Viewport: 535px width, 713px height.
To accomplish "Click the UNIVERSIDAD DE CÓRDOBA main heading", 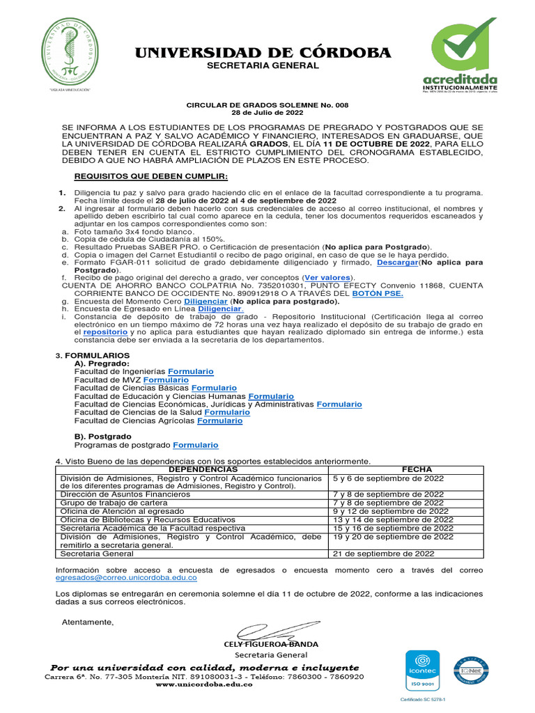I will pos(263,54).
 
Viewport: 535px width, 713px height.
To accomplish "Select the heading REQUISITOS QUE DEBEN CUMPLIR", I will pos(150,176).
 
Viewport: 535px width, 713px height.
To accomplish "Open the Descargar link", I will pos(398,263).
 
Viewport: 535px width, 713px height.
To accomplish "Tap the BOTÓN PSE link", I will pos(378,293).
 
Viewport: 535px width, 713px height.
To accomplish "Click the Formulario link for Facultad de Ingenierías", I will pos(191,372).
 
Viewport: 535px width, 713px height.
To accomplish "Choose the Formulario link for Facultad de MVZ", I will pos(166,380).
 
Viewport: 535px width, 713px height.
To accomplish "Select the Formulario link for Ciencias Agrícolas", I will pos(220,421).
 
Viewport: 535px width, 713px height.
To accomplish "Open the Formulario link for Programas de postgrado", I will pos(196,444).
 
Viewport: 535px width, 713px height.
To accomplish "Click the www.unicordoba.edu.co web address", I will pos(203,684).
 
